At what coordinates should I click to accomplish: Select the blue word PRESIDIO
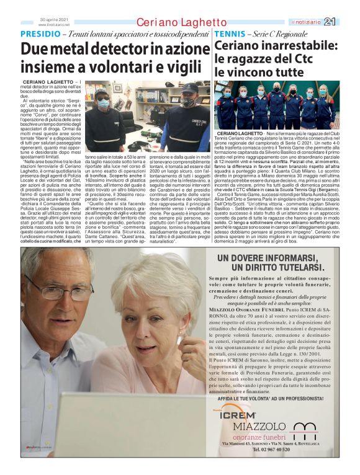[40, 33]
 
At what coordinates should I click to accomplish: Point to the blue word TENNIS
[230, 33]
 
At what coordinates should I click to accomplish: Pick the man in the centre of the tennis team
[276, 102]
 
